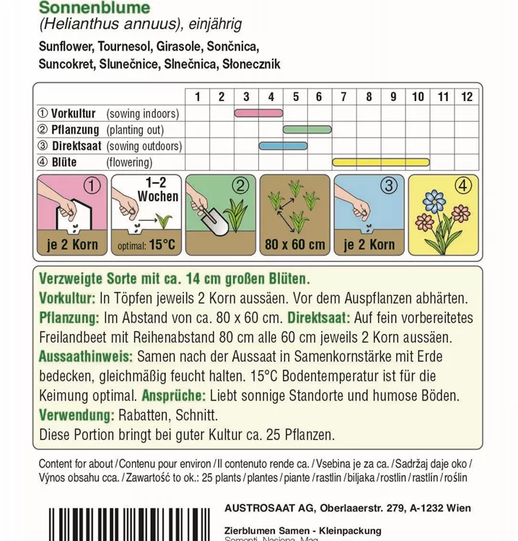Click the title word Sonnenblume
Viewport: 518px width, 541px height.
pos(95,8)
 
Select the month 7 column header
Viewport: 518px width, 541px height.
pos(344,97)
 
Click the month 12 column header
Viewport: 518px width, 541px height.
pos(466,97)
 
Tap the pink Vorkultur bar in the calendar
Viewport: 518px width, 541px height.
pos(258,113)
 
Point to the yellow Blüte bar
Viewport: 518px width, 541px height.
pos(380,162)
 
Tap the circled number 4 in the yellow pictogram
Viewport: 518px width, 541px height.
pos(462,186)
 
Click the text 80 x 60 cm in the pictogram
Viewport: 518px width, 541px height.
pos(294,245)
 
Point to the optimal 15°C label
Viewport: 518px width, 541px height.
pos(146,245)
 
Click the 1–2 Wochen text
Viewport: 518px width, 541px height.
pos(157,190)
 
